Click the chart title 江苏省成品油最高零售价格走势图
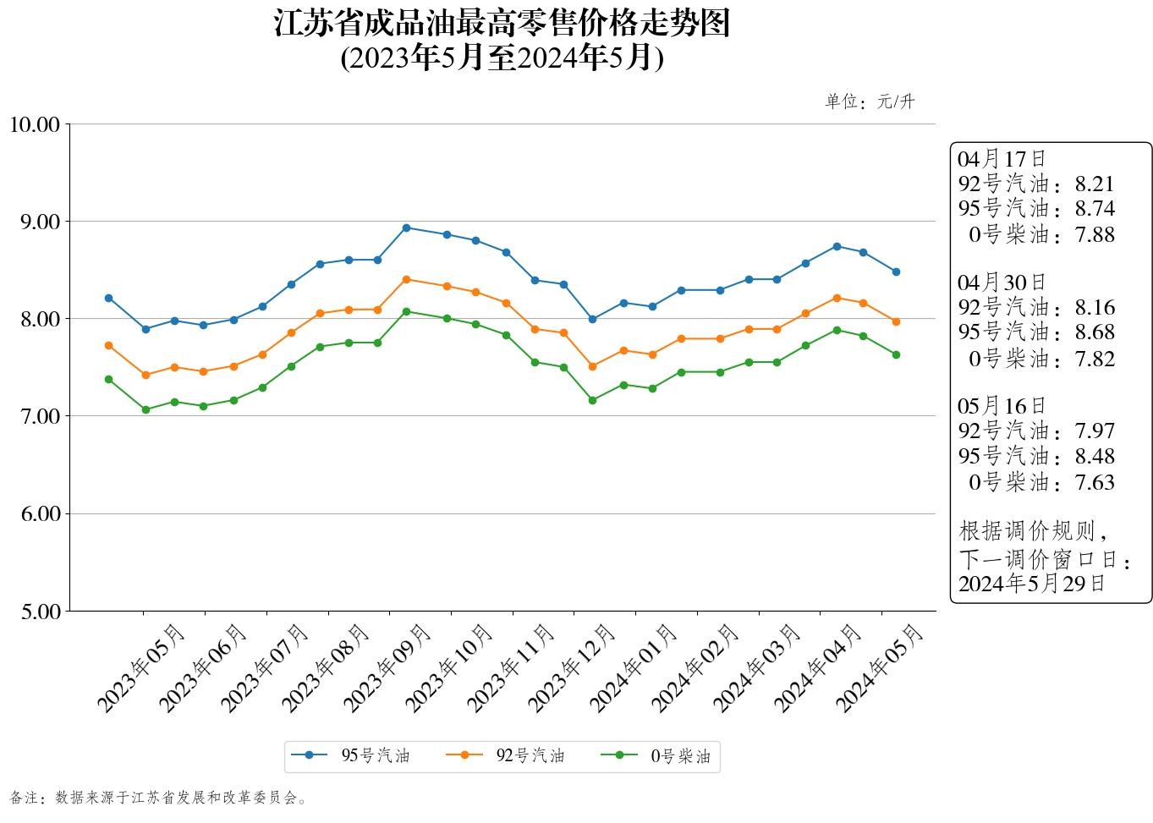[502, 24]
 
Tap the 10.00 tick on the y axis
[35, 125]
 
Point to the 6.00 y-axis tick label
[38, 514]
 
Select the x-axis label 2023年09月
[388, 667]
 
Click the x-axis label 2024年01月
[634, 667]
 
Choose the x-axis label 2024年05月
[880, 667]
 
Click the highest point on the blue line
[406, 228]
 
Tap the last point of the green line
[896, 354]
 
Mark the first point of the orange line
[108, 345]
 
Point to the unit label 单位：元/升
[870, 102]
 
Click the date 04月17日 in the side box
[1002, 158]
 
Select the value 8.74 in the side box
[1095, 209]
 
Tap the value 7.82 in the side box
[1095, 359]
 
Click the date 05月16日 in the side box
[1002, 406]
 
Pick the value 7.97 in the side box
[1095, 431]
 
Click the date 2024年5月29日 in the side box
[1031, 584]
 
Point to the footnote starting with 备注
[159, 798]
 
